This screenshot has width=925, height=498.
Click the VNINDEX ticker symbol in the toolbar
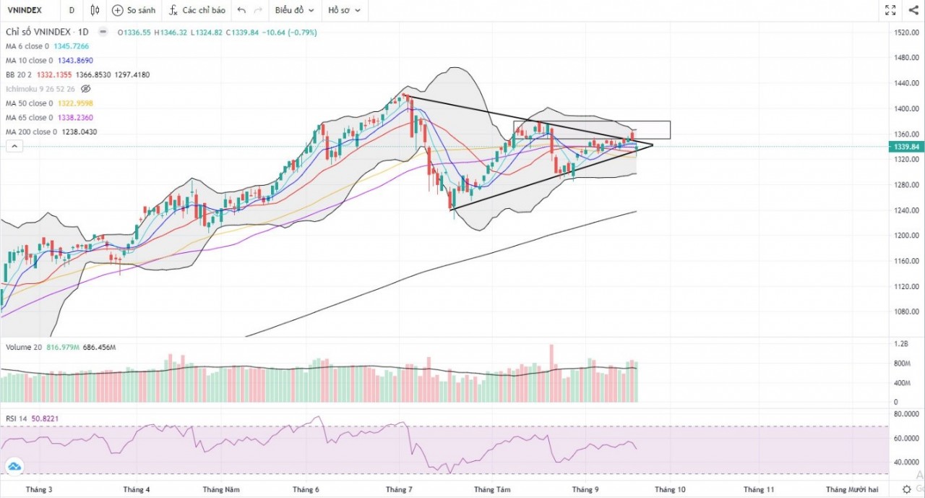click(x=24, y=10)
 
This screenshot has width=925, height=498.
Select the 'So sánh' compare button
click(x=134, y=10)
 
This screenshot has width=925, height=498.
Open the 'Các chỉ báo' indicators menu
click(x=197, y=10)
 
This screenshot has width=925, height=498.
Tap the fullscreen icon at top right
click(x=890, y=10)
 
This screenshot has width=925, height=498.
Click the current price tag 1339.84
click(x=905, y=147)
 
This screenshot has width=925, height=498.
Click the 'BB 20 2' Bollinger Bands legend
click(x=20, y=74)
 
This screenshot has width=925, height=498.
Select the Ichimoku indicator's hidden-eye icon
click(x=86, y=89)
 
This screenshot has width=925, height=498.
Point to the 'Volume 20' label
click(x=24, y=347)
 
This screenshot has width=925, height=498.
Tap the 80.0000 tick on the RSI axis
click(x=906, y=415)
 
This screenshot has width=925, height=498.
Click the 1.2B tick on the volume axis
click(x=900, y=344)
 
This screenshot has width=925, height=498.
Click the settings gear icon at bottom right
click(x=907, y=489)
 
